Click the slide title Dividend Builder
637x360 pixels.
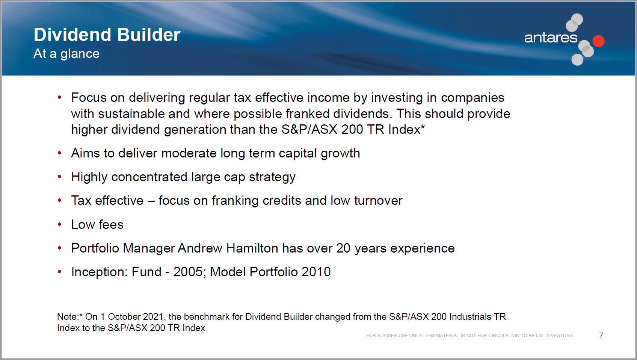[x=107, y=35]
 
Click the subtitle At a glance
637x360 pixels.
[x=66, y=54]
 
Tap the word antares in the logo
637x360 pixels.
[x=551, y=38]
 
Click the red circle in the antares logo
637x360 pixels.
[x=599, y=41]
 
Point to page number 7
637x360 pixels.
[x=601, y=336]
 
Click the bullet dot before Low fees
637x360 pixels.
[x=59, y=224]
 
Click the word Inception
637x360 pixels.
[x=99, y=272]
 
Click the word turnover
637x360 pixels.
[x=378, y=201]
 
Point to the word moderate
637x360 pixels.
[x=189, y=153]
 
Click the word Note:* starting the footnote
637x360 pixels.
[x=70, y=317]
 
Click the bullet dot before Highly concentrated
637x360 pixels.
[x=59, y=177]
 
